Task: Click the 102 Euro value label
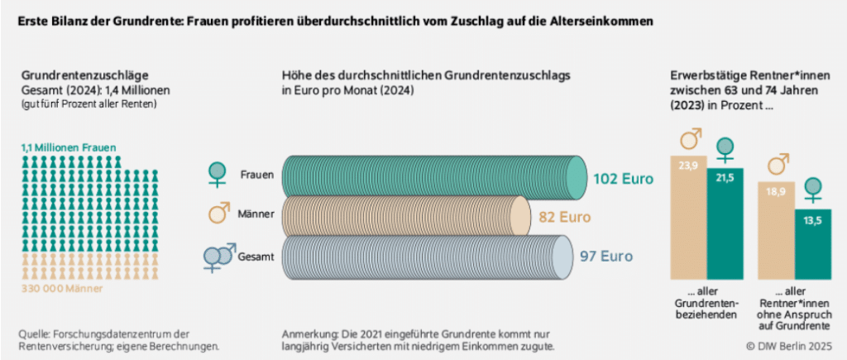click(623, 178)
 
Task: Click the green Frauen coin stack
click(430, 175)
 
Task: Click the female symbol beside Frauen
click(218, 175)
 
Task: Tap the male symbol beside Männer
click(218, 214)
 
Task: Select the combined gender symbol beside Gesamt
click(218, 257)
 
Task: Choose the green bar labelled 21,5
click(725, 223)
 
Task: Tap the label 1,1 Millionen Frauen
click(68, 147)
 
